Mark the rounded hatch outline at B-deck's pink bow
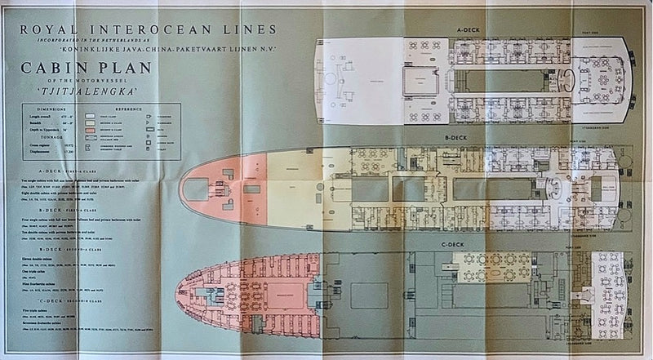pyautogui.click(x=199, y=189)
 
